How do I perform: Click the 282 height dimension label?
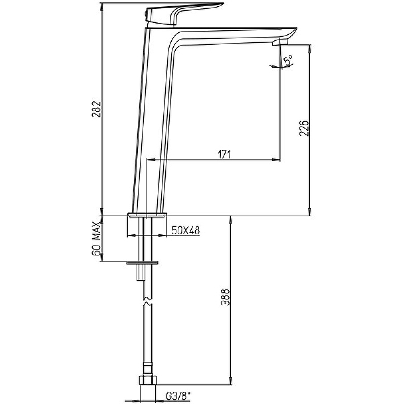click(96, 109)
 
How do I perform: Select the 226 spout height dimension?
click(304, 128)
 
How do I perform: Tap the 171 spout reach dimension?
click(224, 155)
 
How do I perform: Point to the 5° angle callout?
click(288, 60)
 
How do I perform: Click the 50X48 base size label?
click(186, 230)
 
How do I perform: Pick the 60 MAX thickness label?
click(96, 238)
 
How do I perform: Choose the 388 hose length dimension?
click(225, 297)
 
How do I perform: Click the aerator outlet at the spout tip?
click(280, 42)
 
